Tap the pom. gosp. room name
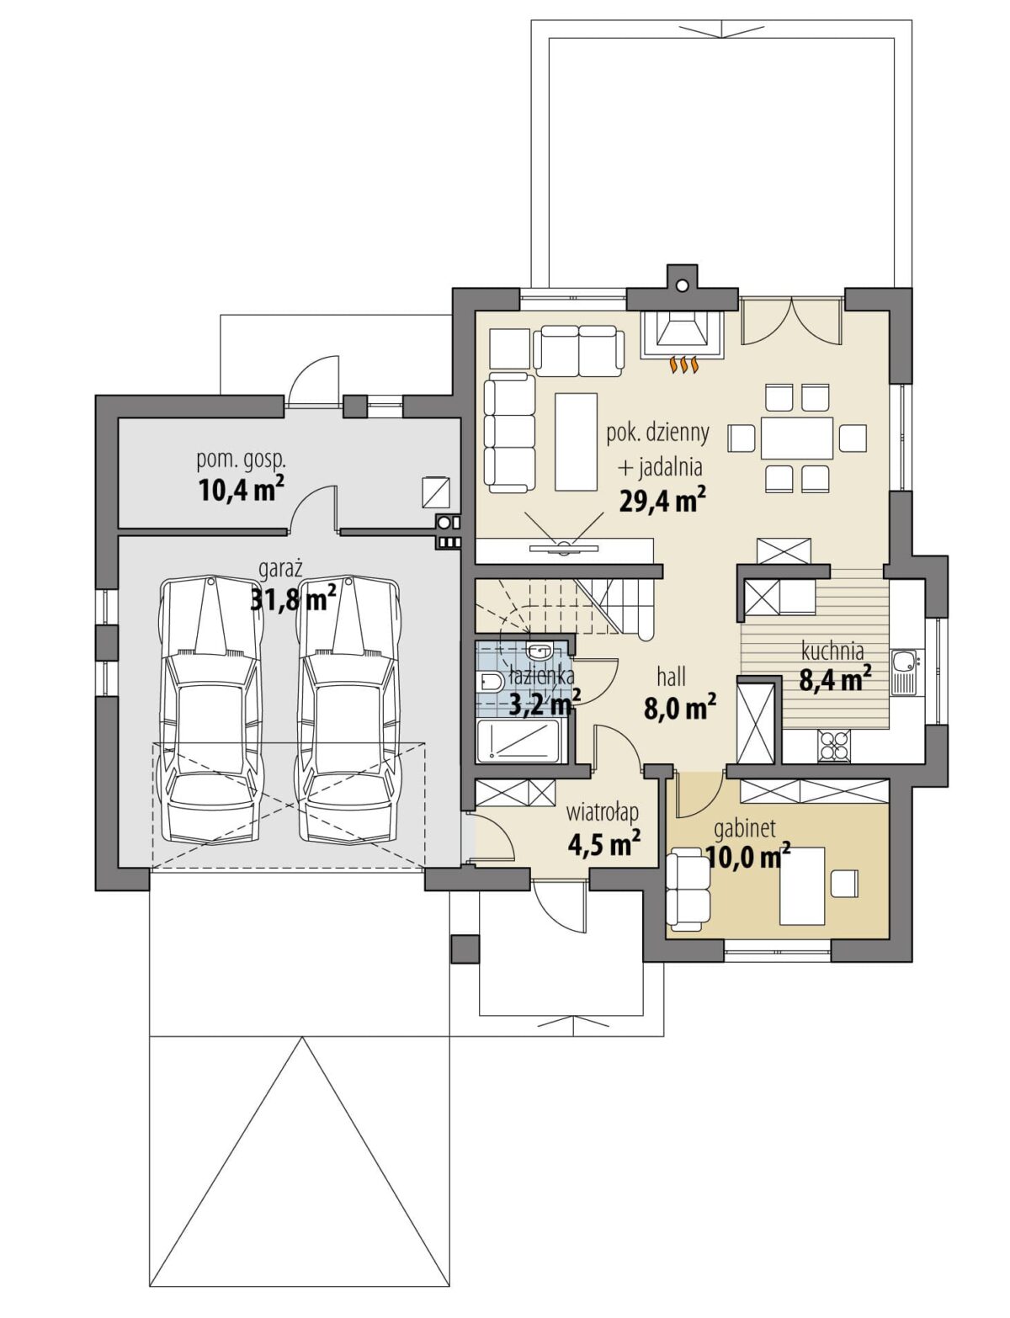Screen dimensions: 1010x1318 click(x=241, y=460)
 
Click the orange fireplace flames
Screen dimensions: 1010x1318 click(x=683, y=364)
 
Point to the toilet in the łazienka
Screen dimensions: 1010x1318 click(x=490, y=683)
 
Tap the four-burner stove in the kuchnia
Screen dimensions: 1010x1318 click(x=833, y=746)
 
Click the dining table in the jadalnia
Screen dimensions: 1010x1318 click(x=796, y=438)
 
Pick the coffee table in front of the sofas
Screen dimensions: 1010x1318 click(x=575, y=441)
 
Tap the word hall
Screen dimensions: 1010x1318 click(x=671, y=676)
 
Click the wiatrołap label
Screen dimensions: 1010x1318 click(x=602, y=811)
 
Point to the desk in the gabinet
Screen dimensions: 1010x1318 click(x=801, y=885)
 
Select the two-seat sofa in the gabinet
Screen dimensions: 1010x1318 click(x=688, y=890)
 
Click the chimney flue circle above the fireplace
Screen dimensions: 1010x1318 click(x=682, y=284)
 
